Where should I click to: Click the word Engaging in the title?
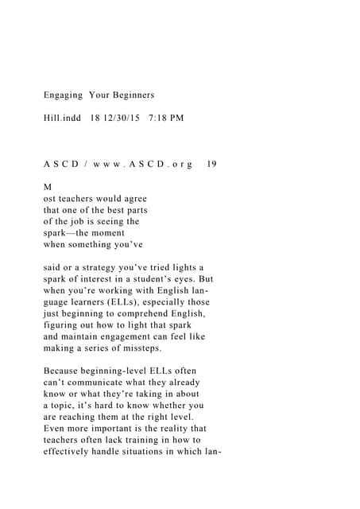click(63, 95)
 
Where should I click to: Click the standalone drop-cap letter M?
click(47, 187)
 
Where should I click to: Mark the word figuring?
click(64, 325)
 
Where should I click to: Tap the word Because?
click(67, 371)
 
